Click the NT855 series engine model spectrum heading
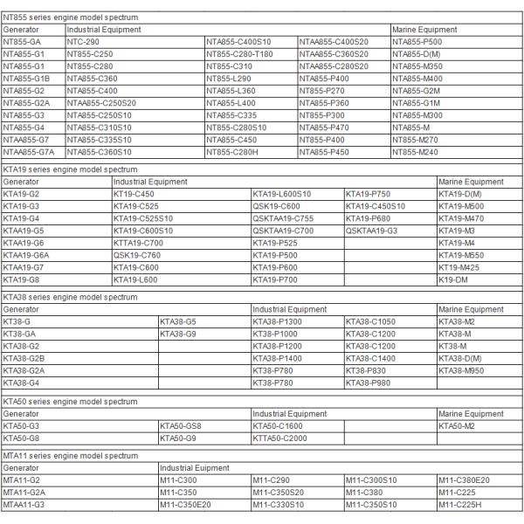point(71,17)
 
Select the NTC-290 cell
point(83,41)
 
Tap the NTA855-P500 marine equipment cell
point(417,41)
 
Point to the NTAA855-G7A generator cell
point(29,151)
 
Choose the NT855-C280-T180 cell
point(240,53)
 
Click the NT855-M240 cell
point(415,151)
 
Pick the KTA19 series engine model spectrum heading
point(71,169)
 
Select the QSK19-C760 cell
point(137,255)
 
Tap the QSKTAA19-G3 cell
point(371,231)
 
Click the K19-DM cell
point(452,279)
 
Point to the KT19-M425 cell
point(458,267)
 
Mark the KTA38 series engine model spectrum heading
point(71,297)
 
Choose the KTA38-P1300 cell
point(277,322)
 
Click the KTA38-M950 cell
point(461,371)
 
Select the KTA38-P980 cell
point(368,383)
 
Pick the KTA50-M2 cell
point(456,425)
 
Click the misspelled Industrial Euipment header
point(193,468)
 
